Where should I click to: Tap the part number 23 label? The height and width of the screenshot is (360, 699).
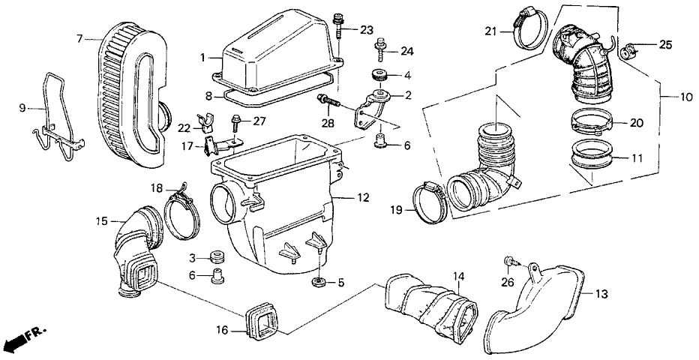click(x=366, y=31)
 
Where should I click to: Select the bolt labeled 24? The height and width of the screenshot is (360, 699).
click(x=381, y=51)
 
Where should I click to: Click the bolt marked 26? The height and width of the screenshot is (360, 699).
click(x=510, y=259)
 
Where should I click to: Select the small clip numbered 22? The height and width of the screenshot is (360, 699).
click(x=200, y=121)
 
